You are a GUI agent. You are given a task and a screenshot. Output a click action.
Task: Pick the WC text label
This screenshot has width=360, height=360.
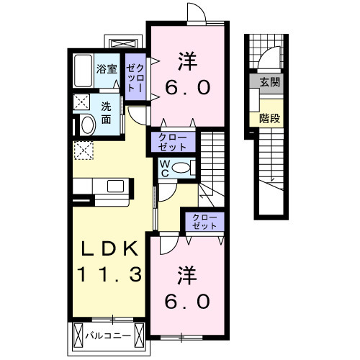[165, 168]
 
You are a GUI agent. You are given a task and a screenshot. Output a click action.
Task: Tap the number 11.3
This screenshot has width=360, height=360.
[109, 274]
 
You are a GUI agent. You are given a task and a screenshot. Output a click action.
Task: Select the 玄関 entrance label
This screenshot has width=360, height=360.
[270, 82]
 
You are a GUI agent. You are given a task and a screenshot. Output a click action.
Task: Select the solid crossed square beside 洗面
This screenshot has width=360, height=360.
[82, 102]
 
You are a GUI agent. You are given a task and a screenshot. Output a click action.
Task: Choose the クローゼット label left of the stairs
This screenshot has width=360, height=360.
[173, 140]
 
